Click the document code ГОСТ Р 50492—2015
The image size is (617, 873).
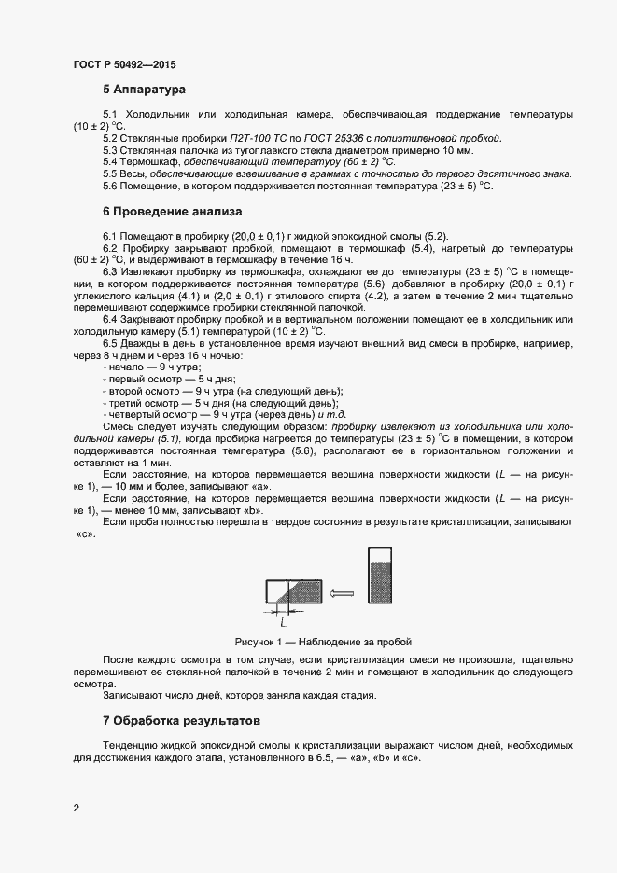pos(123,65)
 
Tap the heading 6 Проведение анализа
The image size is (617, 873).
pos(172,212)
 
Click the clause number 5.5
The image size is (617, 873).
pos(111,174)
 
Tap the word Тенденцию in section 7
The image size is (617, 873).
pos(133,747)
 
